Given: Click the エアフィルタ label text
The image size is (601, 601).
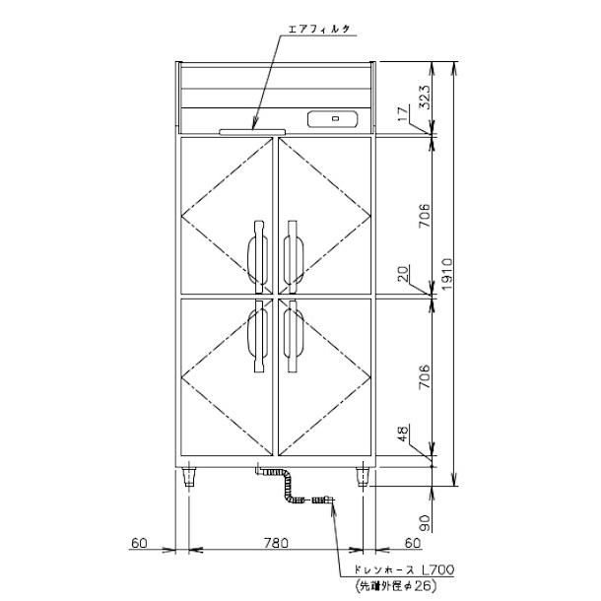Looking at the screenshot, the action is tap(319, 30).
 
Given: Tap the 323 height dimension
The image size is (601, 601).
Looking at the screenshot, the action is tap(425, 97).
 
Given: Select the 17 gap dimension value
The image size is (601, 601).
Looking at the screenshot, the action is tap(402, 114).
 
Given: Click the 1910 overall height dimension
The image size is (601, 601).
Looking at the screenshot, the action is tap(446, 274).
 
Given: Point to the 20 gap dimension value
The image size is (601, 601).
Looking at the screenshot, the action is tap(403, 273).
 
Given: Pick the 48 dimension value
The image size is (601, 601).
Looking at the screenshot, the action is tap(403, 433).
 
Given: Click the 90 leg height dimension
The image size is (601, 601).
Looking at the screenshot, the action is tap(425, 523).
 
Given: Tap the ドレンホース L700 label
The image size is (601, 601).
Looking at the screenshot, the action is tap(403, 569).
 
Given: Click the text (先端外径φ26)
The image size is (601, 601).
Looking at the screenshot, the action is tap(396, 585).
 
